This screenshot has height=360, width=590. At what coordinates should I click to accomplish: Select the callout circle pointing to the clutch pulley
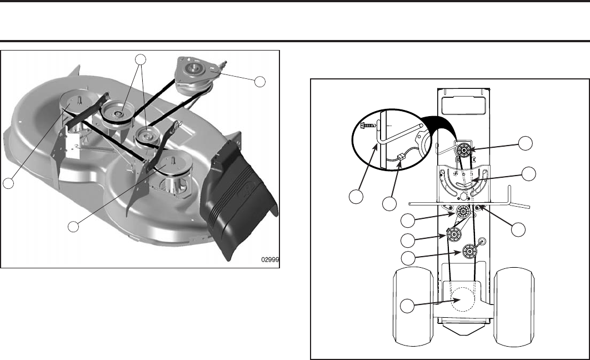258,81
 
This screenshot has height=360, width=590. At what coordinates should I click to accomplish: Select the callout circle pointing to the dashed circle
409,306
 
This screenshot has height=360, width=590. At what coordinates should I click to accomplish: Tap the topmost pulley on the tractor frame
463,151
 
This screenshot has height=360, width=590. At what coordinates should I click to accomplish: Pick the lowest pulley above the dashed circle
469,252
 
